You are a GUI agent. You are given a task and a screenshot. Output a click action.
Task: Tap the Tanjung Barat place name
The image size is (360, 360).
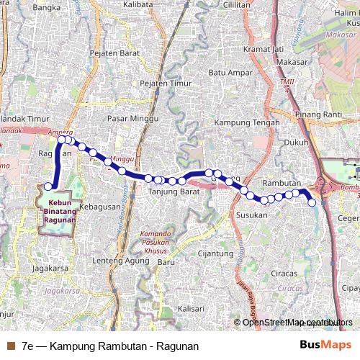coord(174,192)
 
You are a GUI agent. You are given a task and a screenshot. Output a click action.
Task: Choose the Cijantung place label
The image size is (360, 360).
coord(215,253)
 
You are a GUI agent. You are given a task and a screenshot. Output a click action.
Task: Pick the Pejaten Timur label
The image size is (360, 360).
coord(166,84)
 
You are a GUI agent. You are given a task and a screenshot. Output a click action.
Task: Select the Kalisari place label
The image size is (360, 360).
coord(191,307)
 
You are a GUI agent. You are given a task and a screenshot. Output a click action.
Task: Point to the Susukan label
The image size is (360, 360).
coord(252,215)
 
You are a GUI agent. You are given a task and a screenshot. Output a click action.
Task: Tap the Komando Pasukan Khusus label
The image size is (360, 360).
coord(166,240)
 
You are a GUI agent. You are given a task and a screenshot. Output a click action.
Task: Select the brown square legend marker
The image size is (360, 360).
coord(10,346)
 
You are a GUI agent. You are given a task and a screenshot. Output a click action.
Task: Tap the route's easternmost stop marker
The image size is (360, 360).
coord(312,203)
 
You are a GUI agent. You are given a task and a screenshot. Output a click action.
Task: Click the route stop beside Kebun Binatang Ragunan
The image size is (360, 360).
coord(48,186)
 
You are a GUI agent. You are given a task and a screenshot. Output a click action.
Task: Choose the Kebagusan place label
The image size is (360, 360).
coord(101,207)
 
